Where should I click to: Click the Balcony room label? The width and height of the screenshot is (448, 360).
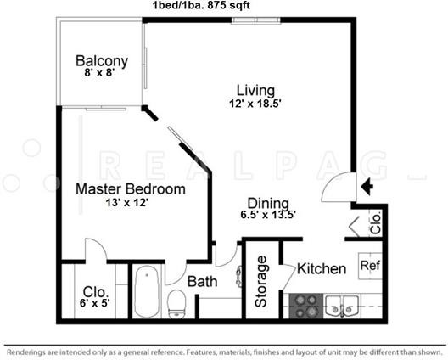coord(102,61)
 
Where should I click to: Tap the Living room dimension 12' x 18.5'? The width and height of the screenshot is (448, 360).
coord(255,104)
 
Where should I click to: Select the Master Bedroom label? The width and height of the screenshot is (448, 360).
coord(131,189)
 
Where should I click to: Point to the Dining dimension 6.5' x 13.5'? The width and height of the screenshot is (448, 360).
coord(268,215)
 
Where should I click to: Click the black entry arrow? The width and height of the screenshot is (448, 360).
coord(367,187)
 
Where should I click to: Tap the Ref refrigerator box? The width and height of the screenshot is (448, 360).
coord(370,266)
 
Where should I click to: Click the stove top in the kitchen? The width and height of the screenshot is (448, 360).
coord(306,306)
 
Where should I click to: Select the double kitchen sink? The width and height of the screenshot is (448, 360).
coord(342,307)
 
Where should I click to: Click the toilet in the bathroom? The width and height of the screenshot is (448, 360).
coord(177,304)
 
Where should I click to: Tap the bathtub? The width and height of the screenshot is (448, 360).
coord(147,291)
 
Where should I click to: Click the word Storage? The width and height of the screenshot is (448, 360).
coord(261,282)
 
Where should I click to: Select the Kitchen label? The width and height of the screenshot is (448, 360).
coord(322,268)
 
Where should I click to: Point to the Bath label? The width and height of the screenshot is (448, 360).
coord(202,282)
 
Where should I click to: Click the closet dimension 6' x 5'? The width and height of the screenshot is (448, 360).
coord(95,302)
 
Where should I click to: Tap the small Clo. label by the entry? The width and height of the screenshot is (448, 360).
coord(376,222)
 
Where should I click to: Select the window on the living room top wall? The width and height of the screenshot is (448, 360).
coord(255,20)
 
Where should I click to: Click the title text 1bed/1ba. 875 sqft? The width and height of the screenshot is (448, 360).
coord(201,5)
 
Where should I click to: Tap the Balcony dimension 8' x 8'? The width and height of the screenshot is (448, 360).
coord(99,73)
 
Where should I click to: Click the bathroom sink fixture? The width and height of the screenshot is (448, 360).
coord(238,276)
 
